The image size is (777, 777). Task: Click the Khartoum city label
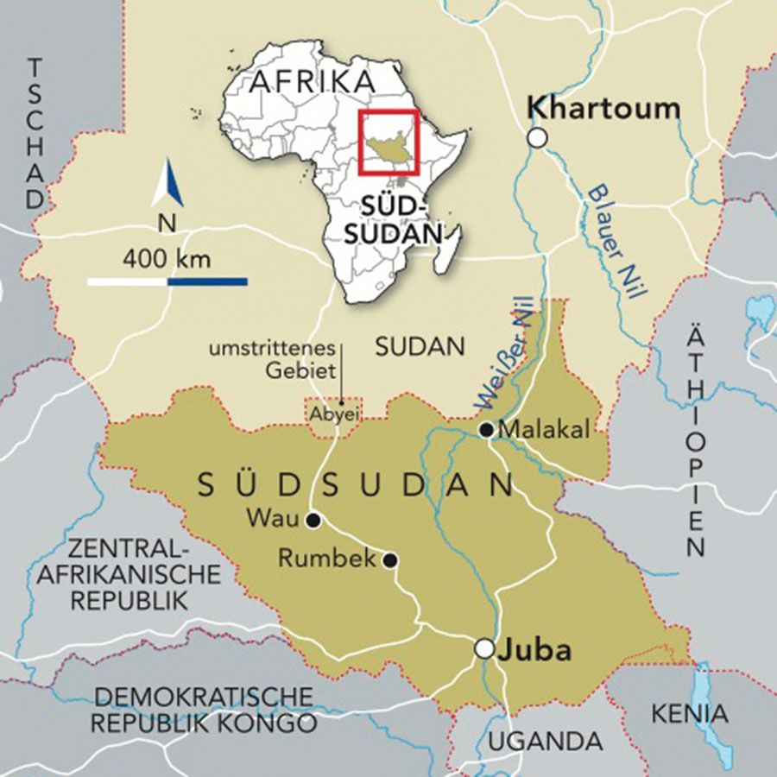pyautogui.click(x=603, y=108)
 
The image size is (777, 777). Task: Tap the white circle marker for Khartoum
pyautogui.click(x=538, y=137)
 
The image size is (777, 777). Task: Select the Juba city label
pyautogui.click(x=534, y=650)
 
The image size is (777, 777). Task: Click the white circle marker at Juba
pyautogui.click(x=485, y=648)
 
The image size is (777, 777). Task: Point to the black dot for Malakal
pyautogui.click(x=487, y=429)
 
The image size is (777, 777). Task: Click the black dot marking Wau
pyautogui.click(x=313, y=520)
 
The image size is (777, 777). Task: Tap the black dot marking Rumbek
pyautogui.click(x=390, y=559)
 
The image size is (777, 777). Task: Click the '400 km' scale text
pyautogui.click(x=167, y=257)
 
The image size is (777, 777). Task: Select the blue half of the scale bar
pyautogui.click(x=207, y=281)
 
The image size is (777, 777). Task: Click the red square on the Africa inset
pyautogui.click(x=388, y=141)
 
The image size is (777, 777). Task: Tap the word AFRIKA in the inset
pyautogui.click(x=313, y=82)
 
